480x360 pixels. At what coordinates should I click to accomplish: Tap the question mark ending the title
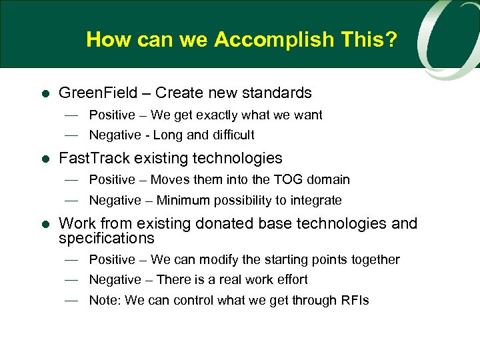(x=391, y=40)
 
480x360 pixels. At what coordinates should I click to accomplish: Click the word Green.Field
(x=99, y=93)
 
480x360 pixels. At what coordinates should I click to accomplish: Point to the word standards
(x=279, y=93)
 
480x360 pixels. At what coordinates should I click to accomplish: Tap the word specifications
(x=106, y=238)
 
